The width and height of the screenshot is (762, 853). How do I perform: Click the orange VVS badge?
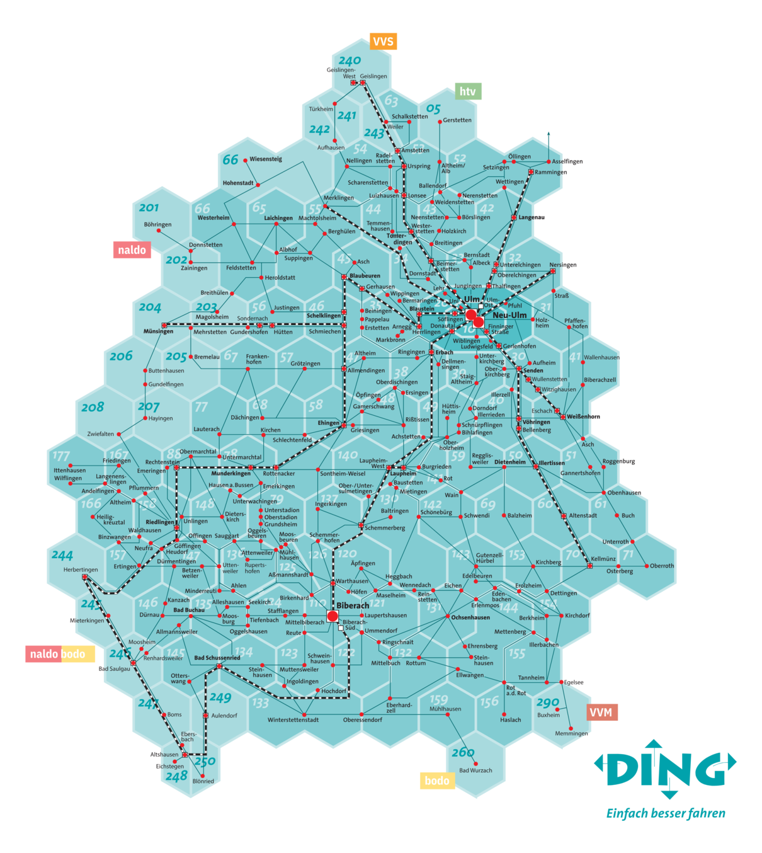point(383,42)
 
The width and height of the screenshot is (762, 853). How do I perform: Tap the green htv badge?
point(468,91)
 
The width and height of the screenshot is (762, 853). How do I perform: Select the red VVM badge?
point(601,713)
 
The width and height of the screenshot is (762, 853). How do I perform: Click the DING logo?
point(665,769)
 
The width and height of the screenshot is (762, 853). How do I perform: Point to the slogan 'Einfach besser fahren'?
point(666,813)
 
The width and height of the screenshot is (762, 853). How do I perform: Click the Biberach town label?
point(353,605)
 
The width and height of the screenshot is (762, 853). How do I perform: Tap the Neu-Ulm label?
point(509,315)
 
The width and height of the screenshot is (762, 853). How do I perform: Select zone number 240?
point(350,61)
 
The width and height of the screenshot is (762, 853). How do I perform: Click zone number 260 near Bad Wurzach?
point(463,752)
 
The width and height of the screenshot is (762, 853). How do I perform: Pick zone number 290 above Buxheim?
point(548,702)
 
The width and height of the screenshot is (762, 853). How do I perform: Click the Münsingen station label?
point(158,331)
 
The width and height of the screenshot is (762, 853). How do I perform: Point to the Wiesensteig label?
point(266,159)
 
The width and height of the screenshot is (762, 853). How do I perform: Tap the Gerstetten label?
point(457,120)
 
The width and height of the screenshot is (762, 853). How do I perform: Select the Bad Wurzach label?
point(475,770)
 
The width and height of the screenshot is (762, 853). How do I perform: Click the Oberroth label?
point(662,566)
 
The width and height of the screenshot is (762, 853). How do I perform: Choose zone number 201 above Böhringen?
point(149,208)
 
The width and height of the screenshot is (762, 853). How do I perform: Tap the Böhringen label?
point(157,224)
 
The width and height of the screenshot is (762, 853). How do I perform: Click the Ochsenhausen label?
point(470,617)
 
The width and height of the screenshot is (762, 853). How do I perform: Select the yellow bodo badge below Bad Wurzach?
point(437,781)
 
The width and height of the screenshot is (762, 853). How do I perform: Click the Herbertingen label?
point(81,570)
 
